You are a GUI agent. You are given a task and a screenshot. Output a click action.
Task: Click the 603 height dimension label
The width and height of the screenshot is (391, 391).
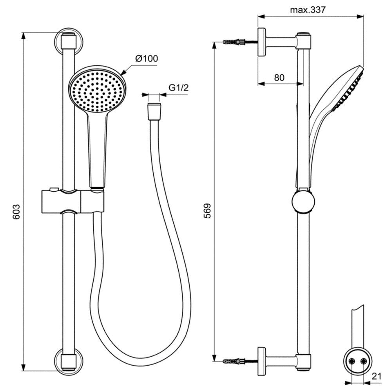[x=16, y=212]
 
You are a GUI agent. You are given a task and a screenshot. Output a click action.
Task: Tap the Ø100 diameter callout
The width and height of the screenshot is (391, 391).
[x=147, y=59]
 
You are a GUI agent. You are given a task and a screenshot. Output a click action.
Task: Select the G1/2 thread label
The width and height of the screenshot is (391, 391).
[x=179, y=88]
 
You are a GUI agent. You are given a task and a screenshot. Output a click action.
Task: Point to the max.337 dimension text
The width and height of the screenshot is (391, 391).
[x=308, y=10]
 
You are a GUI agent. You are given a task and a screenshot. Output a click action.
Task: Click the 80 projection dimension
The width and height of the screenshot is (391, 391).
[x=279, y=78]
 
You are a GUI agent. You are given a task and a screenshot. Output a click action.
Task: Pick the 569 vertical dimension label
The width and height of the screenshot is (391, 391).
[x=207, y=211]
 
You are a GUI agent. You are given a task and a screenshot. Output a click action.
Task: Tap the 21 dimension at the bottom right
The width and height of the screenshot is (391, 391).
[x=376, y=376]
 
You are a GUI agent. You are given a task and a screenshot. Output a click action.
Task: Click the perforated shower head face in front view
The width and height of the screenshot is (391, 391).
[x=97, y=92]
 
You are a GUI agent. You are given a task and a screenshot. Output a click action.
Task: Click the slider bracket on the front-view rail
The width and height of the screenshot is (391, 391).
[x=72, y=201]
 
